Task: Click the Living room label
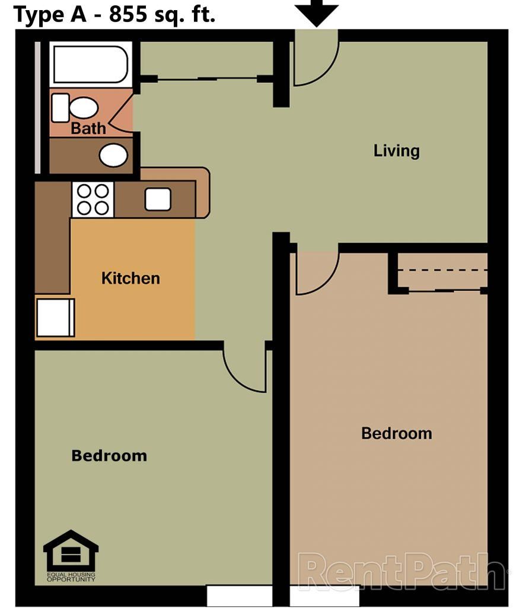tap(396, 151)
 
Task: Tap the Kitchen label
tap(130, 278)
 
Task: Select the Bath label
tap(88, 128)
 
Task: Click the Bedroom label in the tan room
tap(396, 433)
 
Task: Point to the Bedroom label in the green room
tap(109, 456)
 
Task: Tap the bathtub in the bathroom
tap(90, 64)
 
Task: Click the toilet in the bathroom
tap(76, 108)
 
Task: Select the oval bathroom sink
tap(113, 155)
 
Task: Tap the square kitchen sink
tap(158, 199)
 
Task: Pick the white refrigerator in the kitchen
tap(55, 317)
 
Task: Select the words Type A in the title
tap(48, 14)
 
